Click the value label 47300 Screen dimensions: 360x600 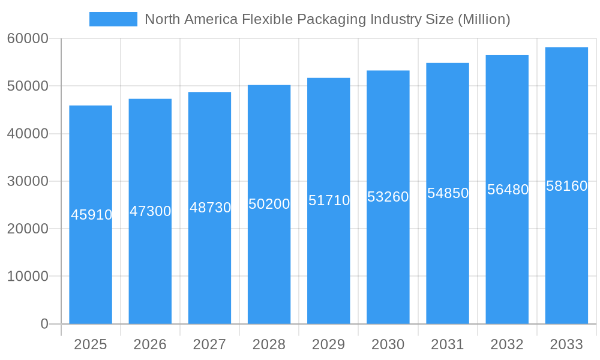pyautogui.click(x=151, y=211)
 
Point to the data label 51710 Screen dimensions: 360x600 pyautogui.click(x=329, y=200)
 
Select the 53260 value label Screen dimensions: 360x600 pyautogui.click(x=388, y=197)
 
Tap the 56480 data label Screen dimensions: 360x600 pyautogui.click(x=508, y=190)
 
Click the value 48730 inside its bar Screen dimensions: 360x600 pyautogui.click(x=210, y=208)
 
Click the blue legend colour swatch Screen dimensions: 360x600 pyautogui.click(x=113, y=19)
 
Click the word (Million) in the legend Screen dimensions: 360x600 pyautogui.click(x=484, y=19)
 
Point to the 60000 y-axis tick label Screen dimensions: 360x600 pyautogui.click(x=28, y=38)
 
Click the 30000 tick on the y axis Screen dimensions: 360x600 pyautogui.click(x=28, y=181)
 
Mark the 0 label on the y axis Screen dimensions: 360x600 pyautogui.click(x=44, y=324)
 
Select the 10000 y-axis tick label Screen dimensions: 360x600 pyautogui.click(x=28, y=276)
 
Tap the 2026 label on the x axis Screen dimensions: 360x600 pyautogui.click(x=150, y=344)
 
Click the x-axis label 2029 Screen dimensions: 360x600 pyautogui.click(x=328, y=344)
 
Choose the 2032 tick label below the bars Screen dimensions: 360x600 pyautogui.click(x=507, y=344)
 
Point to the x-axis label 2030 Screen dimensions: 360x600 pyautogui.click(x=388, y=344)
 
